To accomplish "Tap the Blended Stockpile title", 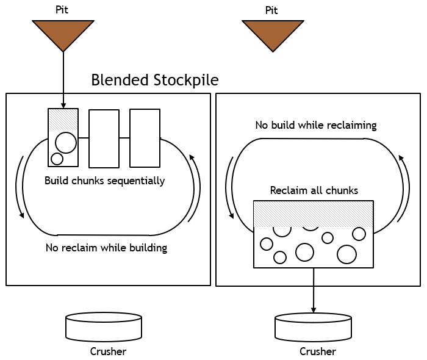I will click(x=154, y=80).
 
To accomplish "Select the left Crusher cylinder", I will click(x=104, y=327).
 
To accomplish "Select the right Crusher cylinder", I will click(x=314, y=327).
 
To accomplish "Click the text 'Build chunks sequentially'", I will click(x=105, y=181).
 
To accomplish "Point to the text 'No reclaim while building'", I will click(x=106, y=248).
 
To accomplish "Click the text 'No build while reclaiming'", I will click(x=315, y=126).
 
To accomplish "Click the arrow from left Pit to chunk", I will click(x=63, y=79).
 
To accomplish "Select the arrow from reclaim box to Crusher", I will click(x=314, y=290).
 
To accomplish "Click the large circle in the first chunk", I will click(x=66, y=143).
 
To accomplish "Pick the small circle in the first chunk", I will click(x=57, y=159).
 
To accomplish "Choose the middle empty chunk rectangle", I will click(x=104, y=139).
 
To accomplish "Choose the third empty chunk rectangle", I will click(x=145, y=138).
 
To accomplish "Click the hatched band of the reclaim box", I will click(x=314, y=214).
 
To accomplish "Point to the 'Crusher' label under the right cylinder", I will click(x=317, y=351).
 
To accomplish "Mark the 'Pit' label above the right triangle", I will click(x=272, y=10).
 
